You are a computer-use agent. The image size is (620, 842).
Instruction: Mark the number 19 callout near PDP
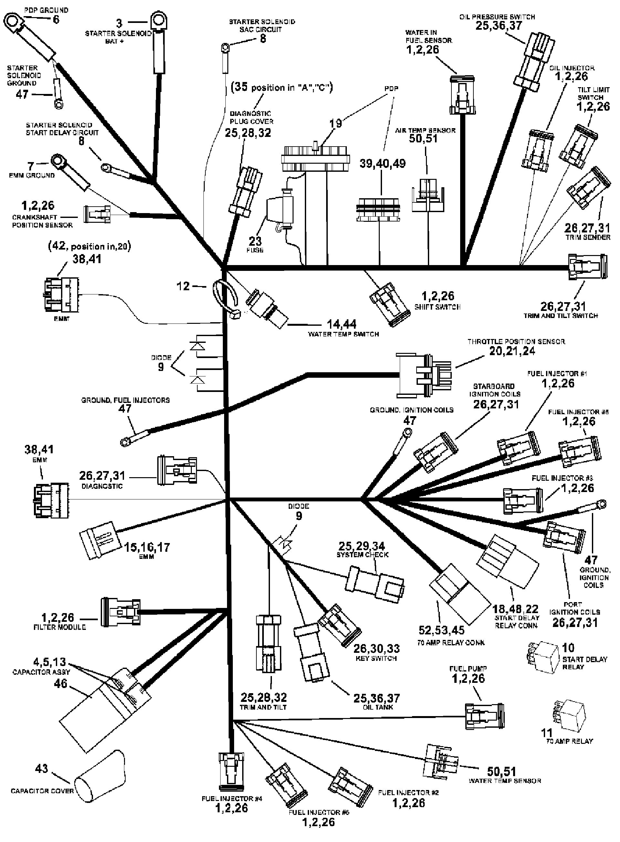335,123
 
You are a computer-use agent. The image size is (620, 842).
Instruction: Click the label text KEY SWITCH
376,659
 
